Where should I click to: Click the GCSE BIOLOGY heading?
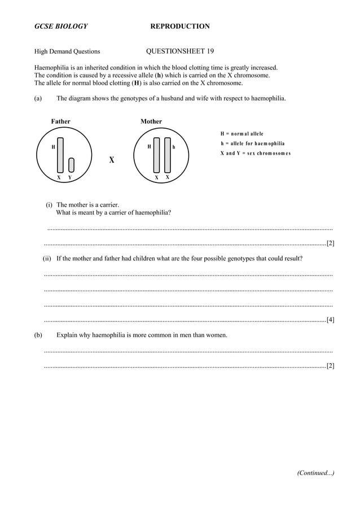coord(61,26)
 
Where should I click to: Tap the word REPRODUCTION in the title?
coord(180,26)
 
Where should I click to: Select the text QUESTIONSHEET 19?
coord(179,51)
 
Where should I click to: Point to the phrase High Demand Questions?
coord(67,51)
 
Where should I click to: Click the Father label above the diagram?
coord(61,121)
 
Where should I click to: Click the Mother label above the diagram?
coord(151,121)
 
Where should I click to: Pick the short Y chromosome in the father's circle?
coord(71,164)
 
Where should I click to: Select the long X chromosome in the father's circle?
coord(60,154)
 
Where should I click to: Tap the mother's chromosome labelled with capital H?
coord(157,154)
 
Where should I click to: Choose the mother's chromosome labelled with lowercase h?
coord(167,154)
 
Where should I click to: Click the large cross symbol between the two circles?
coord(112,160)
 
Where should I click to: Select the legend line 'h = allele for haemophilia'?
coord(253,143)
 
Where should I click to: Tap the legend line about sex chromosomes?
coord(256,154)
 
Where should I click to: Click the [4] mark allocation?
coord(330,320)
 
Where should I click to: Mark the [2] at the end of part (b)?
coord(330,365)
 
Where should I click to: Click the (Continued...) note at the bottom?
coord(315,473)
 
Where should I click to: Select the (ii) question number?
coord(47,258)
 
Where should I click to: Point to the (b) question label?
coord(38,335)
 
